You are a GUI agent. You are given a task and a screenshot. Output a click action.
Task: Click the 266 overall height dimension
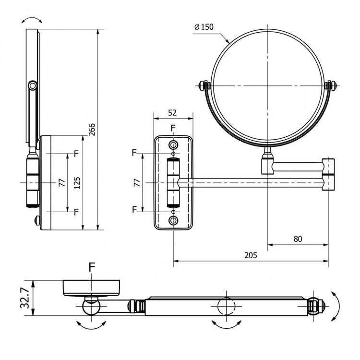coord(93,130)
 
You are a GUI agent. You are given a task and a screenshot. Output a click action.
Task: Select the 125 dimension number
coord(77,182)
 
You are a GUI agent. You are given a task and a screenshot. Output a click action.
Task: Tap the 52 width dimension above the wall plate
coord(173,113)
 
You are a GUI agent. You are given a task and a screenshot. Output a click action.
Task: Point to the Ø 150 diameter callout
coord(204,27)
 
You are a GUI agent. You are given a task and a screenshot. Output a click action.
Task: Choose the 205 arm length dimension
coord(250,255)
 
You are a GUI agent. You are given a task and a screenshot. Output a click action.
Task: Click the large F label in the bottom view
coord(92,267)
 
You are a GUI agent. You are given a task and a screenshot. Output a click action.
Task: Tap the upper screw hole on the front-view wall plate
coord(173,145)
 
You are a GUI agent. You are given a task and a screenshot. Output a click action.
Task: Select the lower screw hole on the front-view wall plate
coord(173,220)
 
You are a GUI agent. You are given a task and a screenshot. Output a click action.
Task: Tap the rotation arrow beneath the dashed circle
coord(226,324)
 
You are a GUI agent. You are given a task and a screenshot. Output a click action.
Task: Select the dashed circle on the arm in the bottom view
coord(226,306)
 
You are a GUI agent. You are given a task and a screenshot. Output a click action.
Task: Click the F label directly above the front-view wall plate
coord(173,128)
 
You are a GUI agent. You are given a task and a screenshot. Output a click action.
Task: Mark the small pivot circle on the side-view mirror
coord(32,86)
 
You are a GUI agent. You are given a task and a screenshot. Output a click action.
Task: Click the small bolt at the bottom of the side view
coord(36,220)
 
